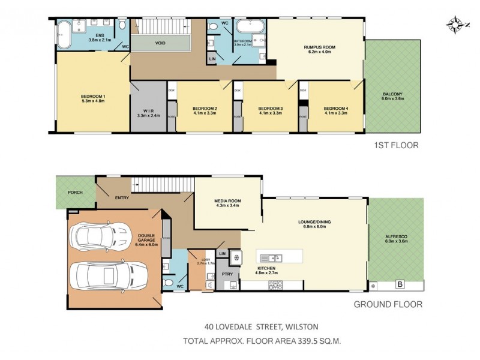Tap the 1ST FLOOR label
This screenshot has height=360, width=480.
tap(396, 145)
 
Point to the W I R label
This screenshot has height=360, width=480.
tap(147, 112)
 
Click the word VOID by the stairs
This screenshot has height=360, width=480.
tap(160, 43)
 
